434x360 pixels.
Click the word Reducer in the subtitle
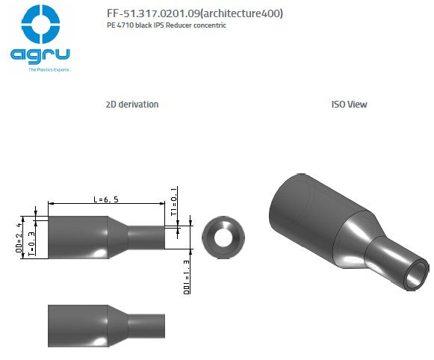tap(187, 25)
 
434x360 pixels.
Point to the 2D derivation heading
tap(132, 105)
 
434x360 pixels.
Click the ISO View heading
tap(349, 105)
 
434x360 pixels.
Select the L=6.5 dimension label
tap(106, 199)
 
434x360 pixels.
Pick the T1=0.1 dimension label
tap(174, 202)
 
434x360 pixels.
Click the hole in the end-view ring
tap(223, 238)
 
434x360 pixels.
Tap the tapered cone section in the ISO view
tap(352, 240)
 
